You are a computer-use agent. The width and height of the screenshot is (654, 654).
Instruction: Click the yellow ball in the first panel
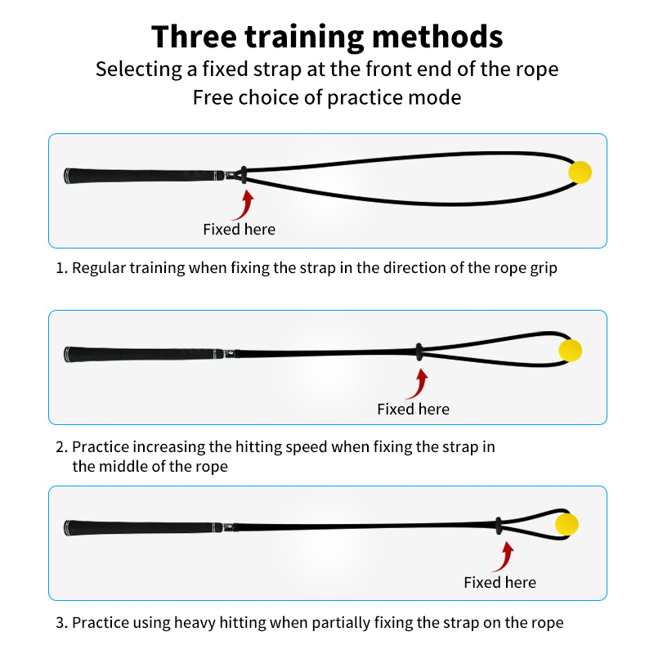[580, 172]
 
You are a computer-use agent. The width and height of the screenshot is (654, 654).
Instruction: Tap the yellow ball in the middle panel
[570, 350]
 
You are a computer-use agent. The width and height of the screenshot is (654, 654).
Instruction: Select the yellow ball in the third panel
[567, 524]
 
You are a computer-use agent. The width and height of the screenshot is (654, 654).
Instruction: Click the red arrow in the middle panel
[419, 384]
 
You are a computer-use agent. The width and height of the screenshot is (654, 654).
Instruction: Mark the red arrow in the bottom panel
[505, 557]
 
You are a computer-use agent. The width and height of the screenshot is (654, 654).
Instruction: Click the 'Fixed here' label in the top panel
[239, 230]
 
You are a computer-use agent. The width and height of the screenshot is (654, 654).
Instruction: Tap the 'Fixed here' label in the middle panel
[414, 410]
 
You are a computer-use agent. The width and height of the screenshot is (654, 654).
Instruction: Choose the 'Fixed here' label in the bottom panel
[500, 582]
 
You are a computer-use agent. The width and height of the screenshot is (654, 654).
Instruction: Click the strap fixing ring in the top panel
[244, 175]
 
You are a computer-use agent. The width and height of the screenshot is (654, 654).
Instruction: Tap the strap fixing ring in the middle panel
[419, 352]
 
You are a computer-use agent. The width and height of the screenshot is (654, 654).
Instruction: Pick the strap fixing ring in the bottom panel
[498, 526]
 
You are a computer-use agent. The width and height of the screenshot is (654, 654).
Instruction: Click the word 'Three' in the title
[195, 37]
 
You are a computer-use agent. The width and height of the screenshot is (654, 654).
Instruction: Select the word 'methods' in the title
[437, 37]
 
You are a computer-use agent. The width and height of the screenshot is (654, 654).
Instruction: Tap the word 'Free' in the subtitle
[213, 97]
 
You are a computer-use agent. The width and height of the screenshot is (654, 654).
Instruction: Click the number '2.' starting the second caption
[62, 447]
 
